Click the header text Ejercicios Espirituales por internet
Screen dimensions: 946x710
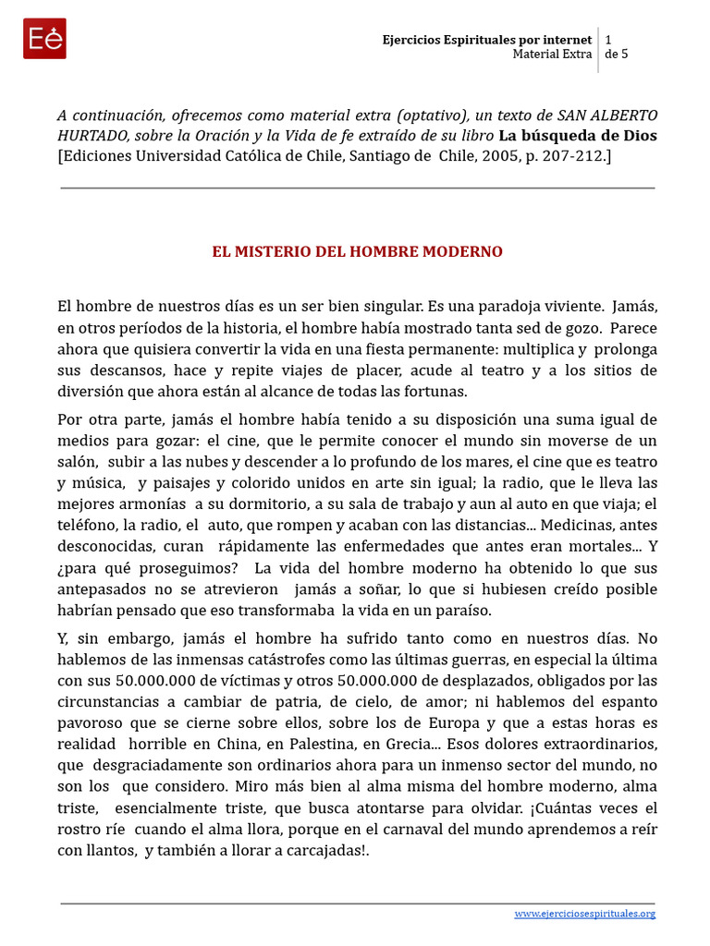click(487, 40)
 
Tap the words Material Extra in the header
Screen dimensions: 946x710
click(552, 55)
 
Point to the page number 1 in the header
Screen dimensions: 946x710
click(608, 40)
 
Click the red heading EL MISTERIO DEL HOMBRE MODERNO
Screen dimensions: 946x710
click(357, 252)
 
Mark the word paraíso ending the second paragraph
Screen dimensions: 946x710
click(464, 610)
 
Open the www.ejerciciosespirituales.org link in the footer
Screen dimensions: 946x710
click(584, 914)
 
